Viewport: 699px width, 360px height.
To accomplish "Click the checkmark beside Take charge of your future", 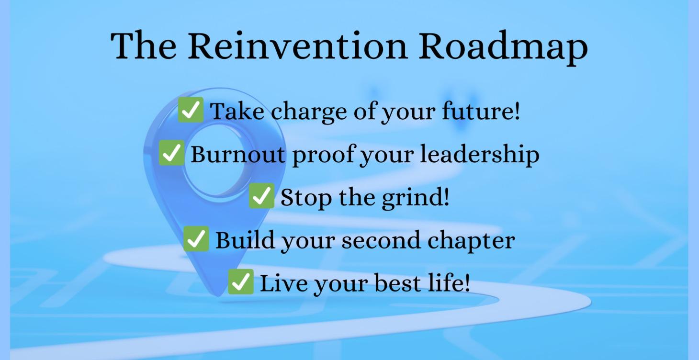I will [x=191, y=110].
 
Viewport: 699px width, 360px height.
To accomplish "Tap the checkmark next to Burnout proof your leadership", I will [x=171, y=153].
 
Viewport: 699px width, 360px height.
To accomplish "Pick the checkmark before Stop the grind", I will [x=261, y=196].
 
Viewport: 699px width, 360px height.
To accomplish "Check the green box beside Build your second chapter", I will [x=196, y=239].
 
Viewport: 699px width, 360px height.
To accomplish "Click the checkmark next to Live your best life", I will [x=240, y=281].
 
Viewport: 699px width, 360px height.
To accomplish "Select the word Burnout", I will [x=238, y=154].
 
